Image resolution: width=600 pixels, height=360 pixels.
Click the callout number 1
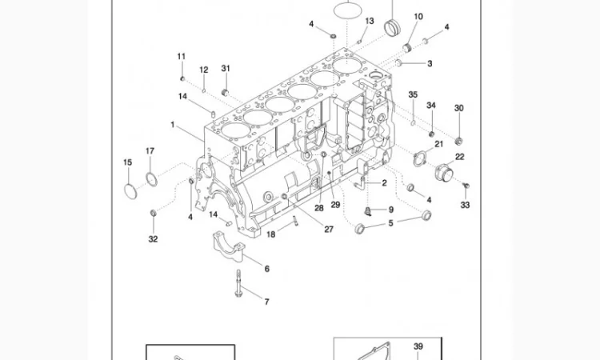(x=172, y=125)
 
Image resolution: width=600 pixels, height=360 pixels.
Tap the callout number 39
(x=418, y=346)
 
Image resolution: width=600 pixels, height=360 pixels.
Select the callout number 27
(x=329, y=230)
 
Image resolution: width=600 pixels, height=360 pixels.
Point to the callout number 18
(x=271, y=234)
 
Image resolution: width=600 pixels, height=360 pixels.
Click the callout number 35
(x=413, y=94)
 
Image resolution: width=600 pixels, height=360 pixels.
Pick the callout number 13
(x=369, y=21)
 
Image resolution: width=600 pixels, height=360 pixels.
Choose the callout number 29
(x=336, y=206)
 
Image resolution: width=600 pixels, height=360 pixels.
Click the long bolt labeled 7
(x=241, y=284)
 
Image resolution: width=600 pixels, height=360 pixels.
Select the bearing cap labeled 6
(x=229, y=245)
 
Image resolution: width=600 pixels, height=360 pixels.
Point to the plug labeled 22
(x=442, y=172)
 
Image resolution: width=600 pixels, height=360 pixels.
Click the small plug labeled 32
(x=153, y=214)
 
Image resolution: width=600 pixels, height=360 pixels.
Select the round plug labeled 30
(x=459, y=130)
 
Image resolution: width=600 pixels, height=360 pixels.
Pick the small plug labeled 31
(x=226, y=93)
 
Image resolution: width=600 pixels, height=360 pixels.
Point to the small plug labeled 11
(x=182, y=78)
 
